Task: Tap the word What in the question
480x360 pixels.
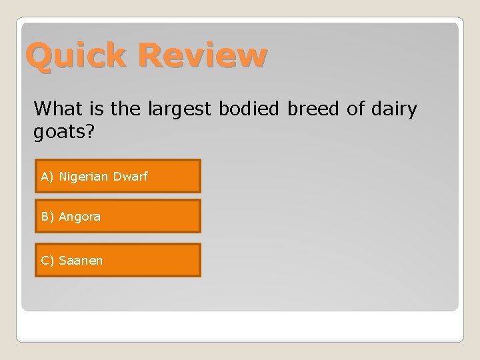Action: pos(56,108)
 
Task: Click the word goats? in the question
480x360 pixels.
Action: pos(65,132)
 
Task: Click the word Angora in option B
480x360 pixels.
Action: pos(80,217)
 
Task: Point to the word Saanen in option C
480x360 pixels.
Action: pos(81,260)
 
